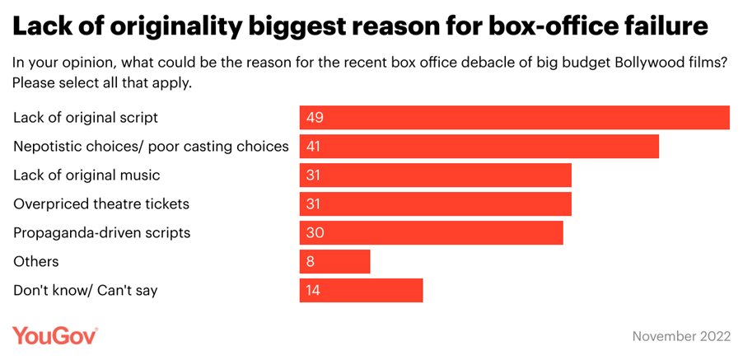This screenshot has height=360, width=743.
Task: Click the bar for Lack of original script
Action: pos(514,118)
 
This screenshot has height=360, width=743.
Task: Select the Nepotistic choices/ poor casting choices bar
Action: pos(479,147)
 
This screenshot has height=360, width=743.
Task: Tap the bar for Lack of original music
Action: pos(435,175)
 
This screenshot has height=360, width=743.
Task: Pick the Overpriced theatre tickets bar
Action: pos(435,204)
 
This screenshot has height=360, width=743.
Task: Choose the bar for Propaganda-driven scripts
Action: pos(431,233)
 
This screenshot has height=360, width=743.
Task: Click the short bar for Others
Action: pos(334,262)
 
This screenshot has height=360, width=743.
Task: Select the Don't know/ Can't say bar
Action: pos(361,291)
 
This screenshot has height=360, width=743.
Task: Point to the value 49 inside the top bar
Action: pos(315,118)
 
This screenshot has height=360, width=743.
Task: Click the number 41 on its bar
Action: pos(314,147)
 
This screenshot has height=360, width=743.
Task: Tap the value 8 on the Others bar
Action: pos(310,262)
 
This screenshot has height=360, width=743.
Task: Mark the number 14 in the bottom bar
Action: pos(314,291)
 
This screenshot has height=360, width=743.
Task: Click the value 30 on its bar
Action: pos(315,233)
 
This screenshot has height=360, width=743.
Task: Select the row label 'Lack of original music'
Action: pos(86,175)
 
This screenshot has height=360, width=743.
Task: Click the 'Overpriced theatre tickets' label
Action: pos(101,204)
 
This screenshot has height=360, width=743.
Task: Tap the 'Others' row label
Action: pos(35,262)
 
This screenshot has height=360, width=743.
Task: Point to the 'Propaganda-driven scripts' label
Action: pos(101,233)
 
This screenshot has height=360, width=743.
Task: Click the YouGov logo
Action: pos(55,336)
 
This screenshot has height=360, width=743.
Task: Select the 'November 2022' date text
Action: pos(680,337)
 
